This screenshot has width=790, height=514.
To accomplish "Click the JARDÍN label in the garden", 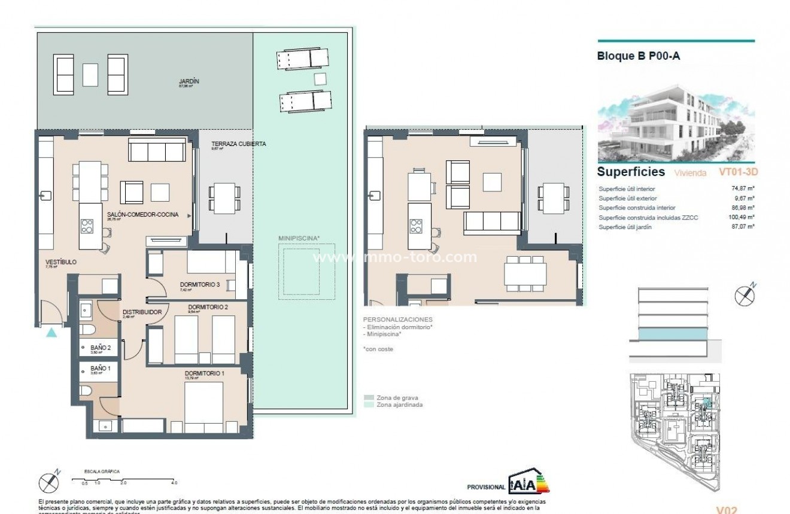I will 189,81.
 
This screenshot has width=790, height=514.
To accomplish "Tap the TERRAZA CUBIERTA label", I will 238,144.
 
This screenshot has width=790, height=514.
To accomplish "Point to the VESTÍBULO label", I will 60,262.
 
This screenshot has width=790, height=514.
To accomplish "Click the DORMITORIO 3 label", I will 200,284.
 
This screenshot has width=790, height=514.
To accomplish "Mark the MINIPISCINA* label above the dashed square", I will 299,238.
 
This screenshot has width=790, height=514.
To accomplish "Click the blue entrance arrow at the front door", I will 52,332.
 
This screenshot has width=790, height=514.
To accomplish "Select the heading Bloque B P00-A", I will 639,57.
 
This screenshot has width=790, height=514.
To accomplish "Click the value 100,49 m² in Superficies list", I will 743,217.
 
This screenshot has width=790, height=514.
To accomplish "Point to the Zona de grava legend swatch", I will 369,397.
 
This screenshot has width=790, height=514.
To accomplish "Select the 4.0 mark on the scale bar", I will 174,482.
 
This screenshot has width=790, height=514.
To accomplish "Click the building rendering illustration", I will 676,123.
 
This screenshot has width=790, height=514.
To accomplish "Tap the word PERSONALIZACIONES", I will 397,320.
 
